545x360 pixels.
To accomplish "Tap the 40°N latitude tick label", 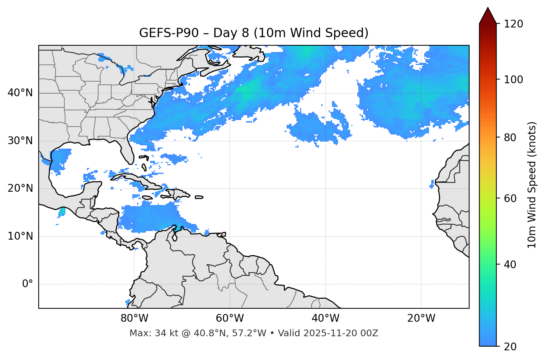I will point(20,93).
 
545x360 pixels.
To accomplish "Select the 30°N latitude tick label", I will point(20,141).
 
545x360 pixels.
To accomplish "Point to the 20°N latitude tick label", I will point(20,189).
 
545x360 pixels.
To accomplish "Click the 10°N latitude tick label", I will point(20,236).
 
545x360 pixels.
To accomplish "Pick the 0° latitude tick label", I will point(27,284).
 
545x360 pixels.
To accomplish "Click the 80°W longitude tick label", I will point(134,318).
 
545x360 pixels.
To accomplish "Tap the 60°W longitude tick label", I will point(230,318).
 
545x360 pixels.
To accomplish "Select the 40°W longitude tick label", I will point(325,318).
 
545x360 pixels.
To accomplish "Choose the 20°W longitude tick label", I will point(421,318).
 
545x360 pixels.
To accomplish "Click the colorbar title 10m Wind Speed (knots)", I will point(532,185).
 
